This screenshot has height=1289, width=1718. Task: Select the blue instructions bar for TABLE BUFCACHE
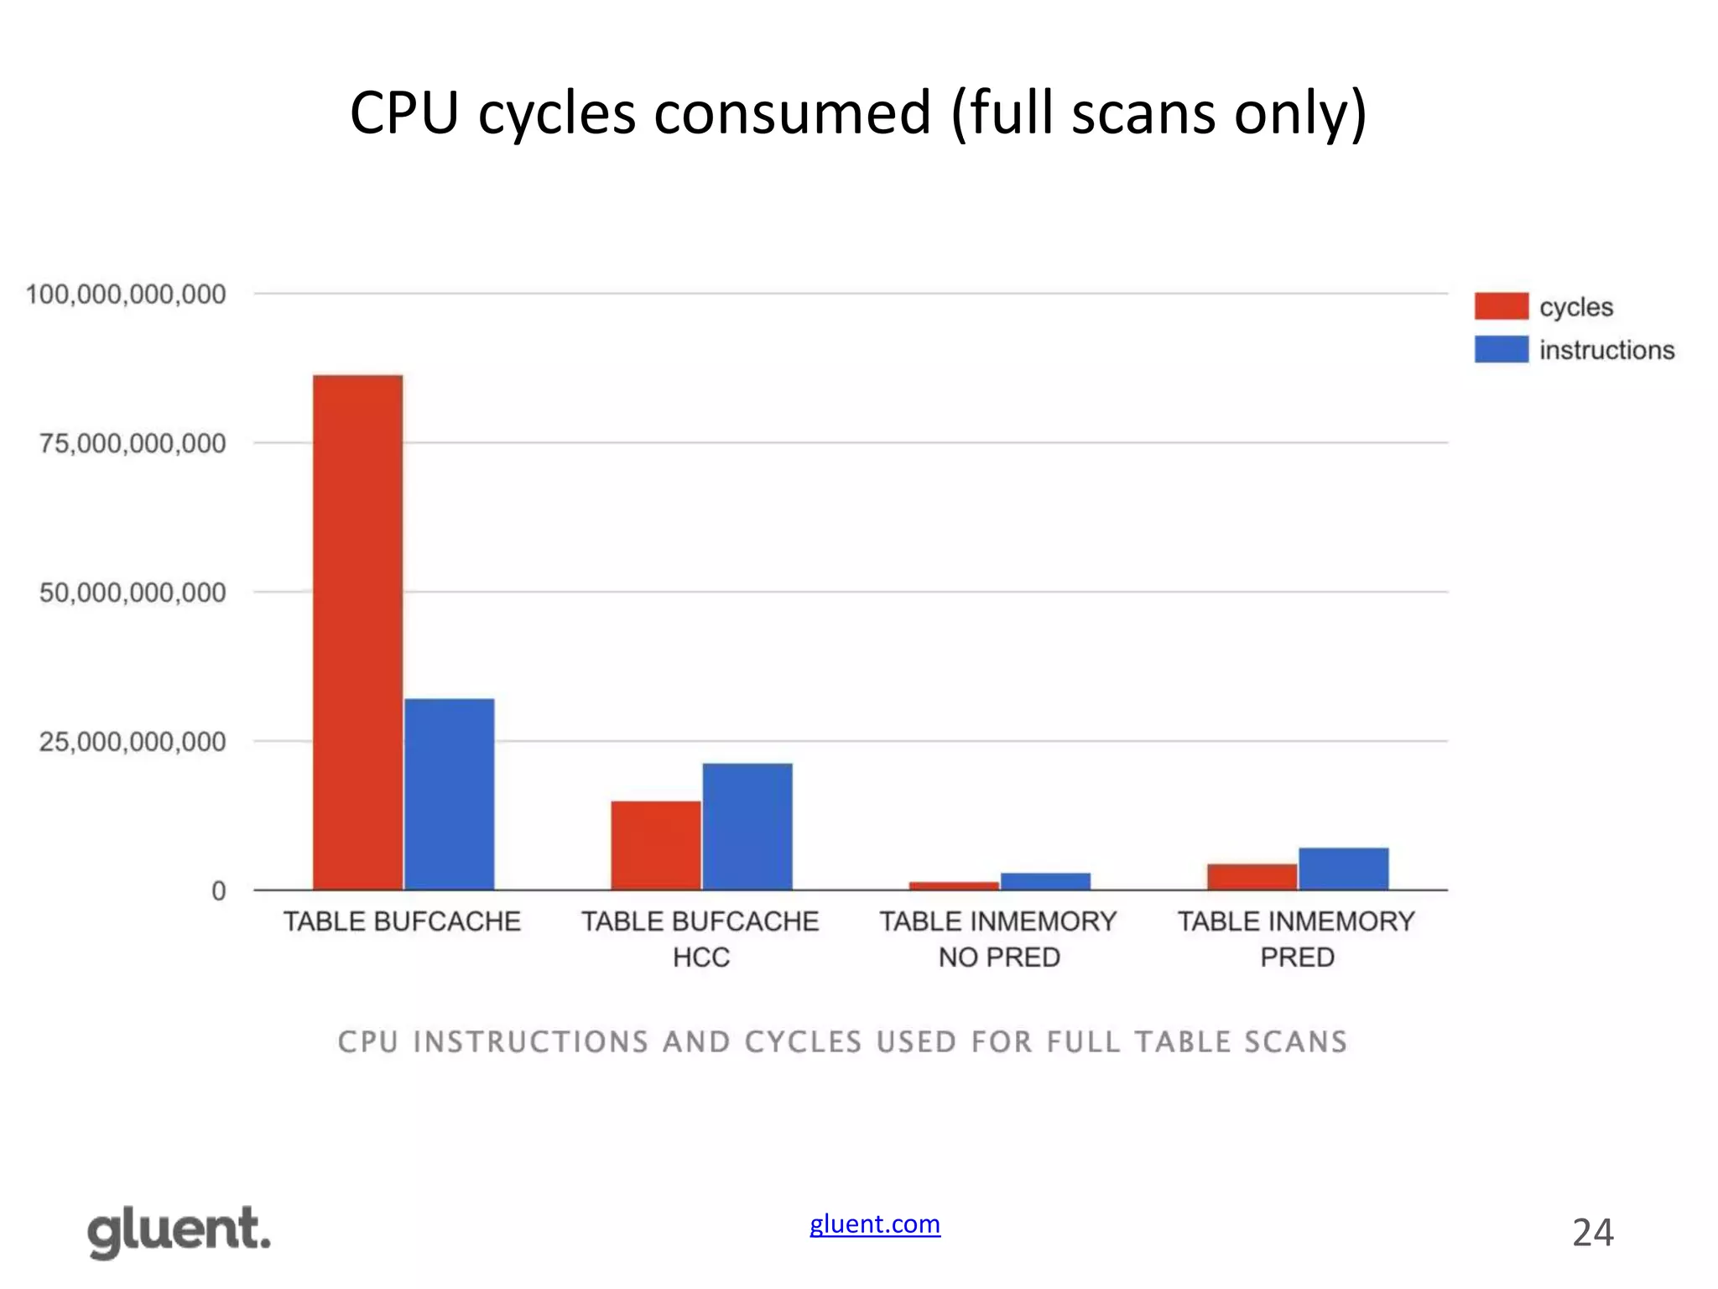point(450,794)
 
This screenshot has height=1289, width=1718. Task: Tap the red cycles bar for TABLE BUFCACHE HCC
point(656,845)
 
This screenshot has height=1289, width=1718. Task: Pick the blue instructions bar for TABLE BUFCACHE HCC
point(747,827)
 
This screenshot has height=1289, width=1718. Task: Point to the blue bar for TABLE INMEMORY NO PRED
point(1045,881)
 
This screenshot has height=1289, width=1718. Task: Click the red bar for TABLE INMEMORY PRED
point(1252,877)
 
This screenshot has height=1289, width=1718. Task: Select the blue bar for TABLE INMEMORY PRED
point(1344,869)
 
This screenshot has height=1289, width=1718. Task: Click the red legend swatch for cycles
point(1502,306)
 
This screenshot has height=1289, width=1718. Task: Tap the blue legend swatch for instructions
point(1502,349)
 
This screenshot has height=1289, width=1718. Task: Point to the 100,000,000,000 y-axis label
point(126,295)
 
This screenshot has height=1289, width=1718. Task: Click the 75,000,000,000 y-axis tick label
point(133,443)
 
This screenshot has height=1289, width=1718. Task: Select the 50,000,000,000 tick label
point(133,592)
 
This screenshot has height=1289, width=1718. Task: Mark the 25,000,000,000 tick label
point(133,742)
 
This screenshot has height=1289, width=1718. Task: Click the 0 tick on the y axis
point(219,890)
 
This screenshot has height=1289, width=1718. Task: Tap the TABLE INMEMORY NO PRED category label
point(998,939)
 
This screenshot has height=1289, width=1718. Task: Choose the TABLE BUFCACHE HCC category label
point(700,939)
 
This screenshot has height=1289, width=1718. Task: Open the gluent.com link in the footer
point(875,1224)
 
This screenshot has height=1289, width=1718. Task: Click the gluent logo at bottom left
point(180,1231)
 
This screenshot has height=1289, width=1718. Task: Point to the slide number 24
point(1592,1233)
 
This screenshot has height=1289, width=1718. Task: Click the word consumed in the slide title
point(792,113)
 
